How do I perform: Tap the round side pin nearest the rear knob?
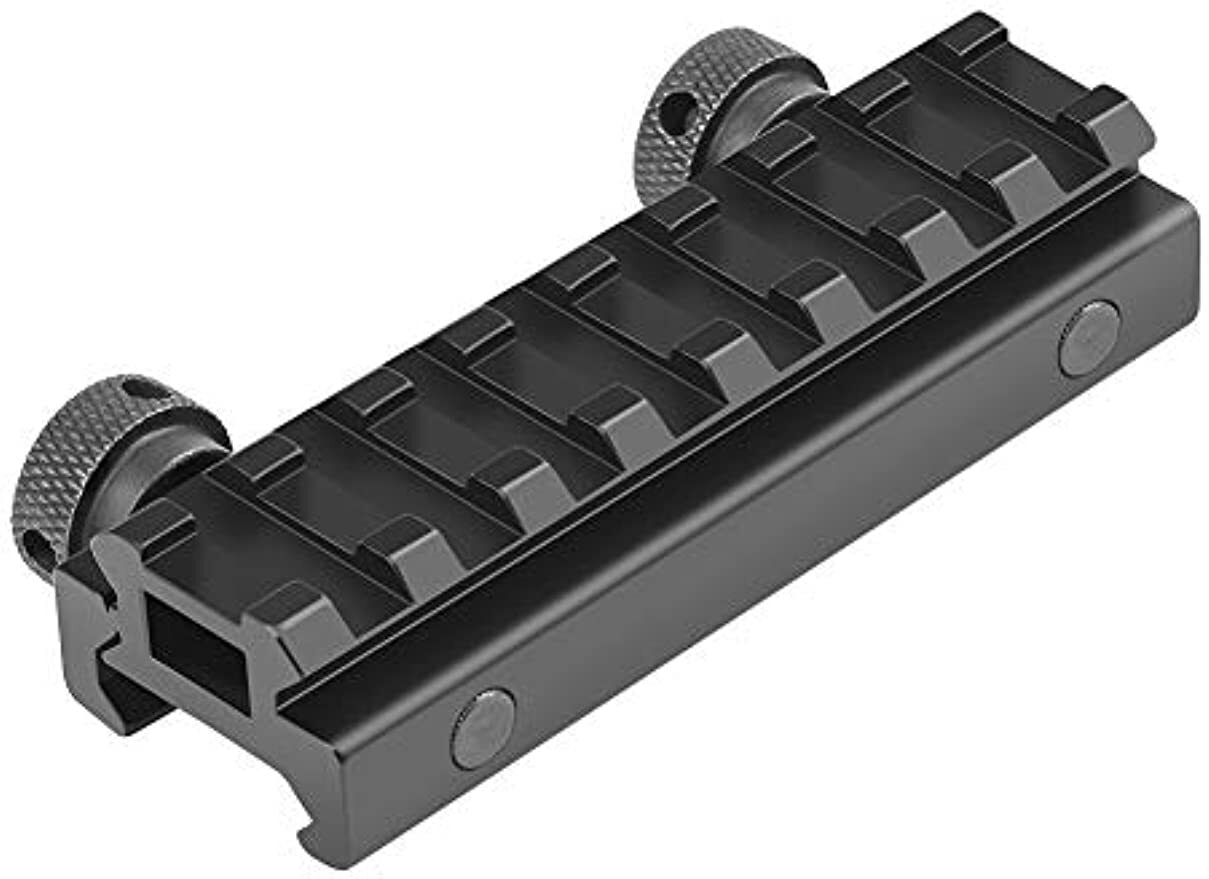click(1088, 338)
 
